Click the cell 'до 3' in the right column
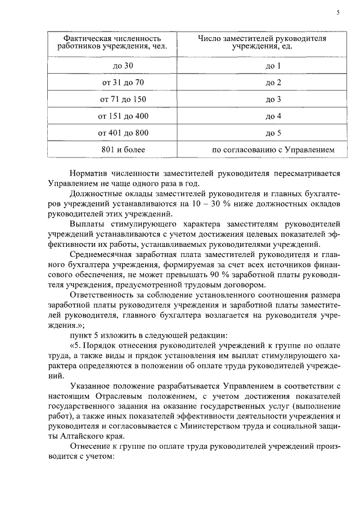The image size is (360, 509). (x=273, y=100)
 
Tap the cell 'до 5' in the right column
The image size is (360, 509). (x=273, y=133)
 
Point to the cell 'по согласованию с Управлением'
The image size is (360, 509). (x=273, y=150)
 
